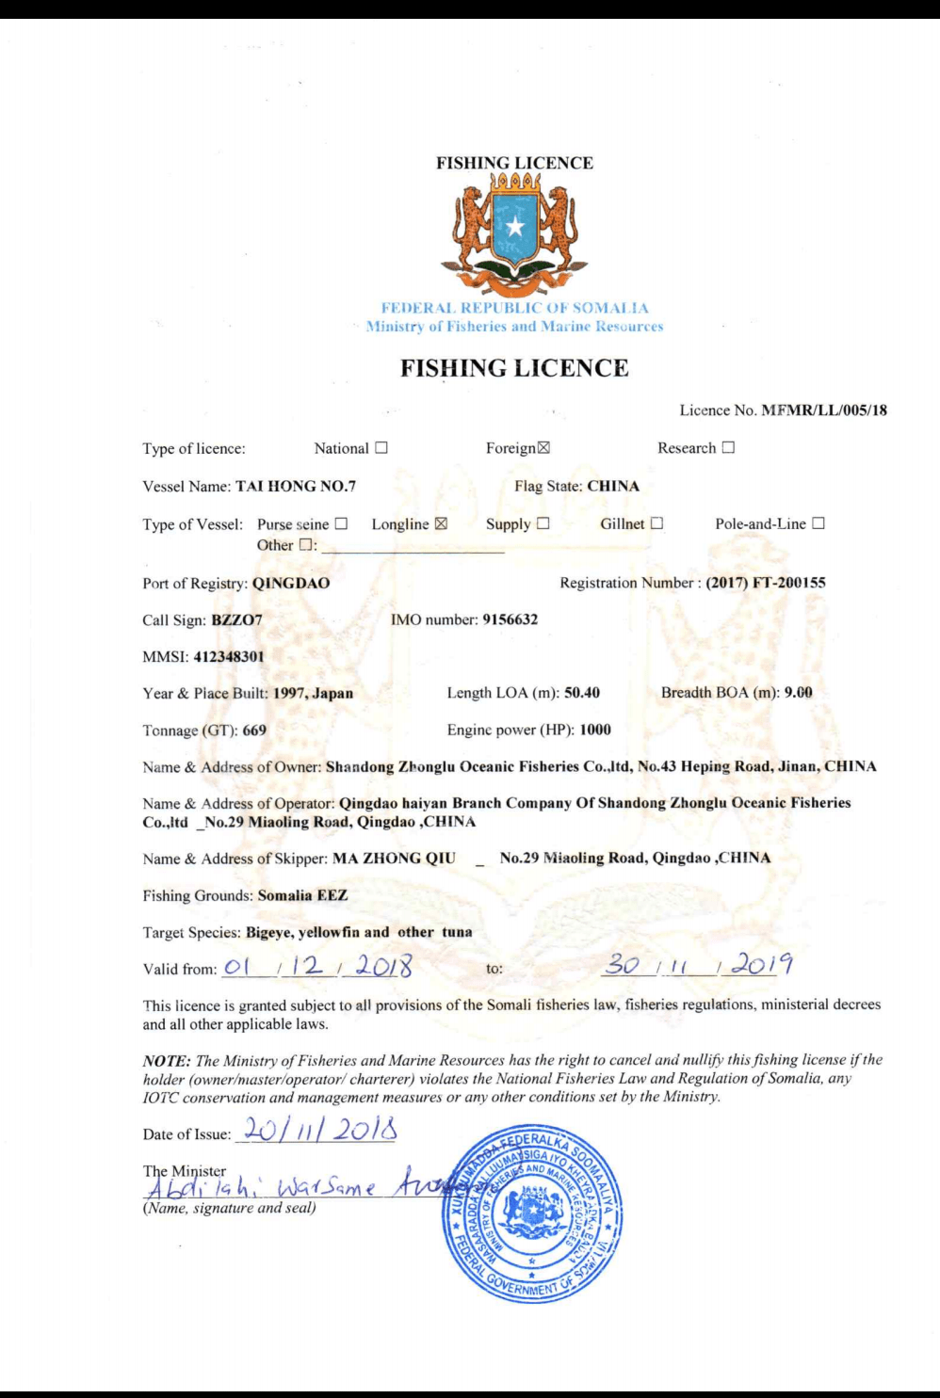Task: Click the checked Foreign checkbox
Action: tap(543, 449)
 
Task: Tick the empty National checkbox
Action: tap(381, 449)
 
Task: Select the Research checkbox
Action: tap(728, 449)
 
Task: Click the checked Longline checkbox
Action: tap(441, 524)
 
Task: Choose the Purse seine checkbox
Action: tap(341, 524)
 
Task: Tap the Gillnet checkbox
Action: tap(656, 524)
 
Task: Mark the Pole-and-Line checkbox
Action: tap(818, 524)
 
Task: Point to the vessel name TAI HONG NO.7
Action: tap(296, 487)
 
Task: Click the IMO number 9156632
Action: tap(510, 619)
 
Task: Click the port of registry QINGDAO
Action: tap(291, 583)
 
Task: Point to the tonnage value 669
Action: tap(254, 730)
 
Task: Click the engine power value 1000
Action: tap(595, 730)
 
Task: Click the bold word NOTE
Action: tap(163, 1060)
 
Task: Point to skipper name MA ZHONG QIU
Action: tap(394, 859)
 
